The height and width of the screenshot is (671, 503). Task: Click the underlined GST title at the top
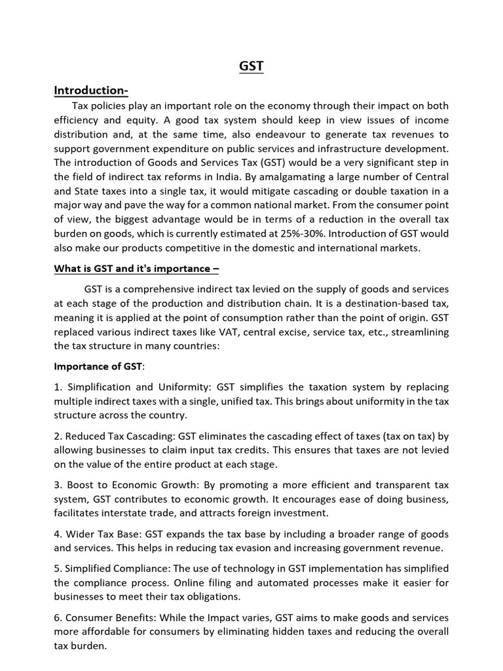coord(251,66)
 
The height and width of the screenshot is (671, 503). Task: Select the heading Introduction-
coord(91,90)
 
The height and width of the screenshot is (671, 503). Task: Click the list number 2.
coord(58,436)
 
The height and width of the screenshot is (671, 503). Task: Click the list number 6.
coord(58,617)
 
